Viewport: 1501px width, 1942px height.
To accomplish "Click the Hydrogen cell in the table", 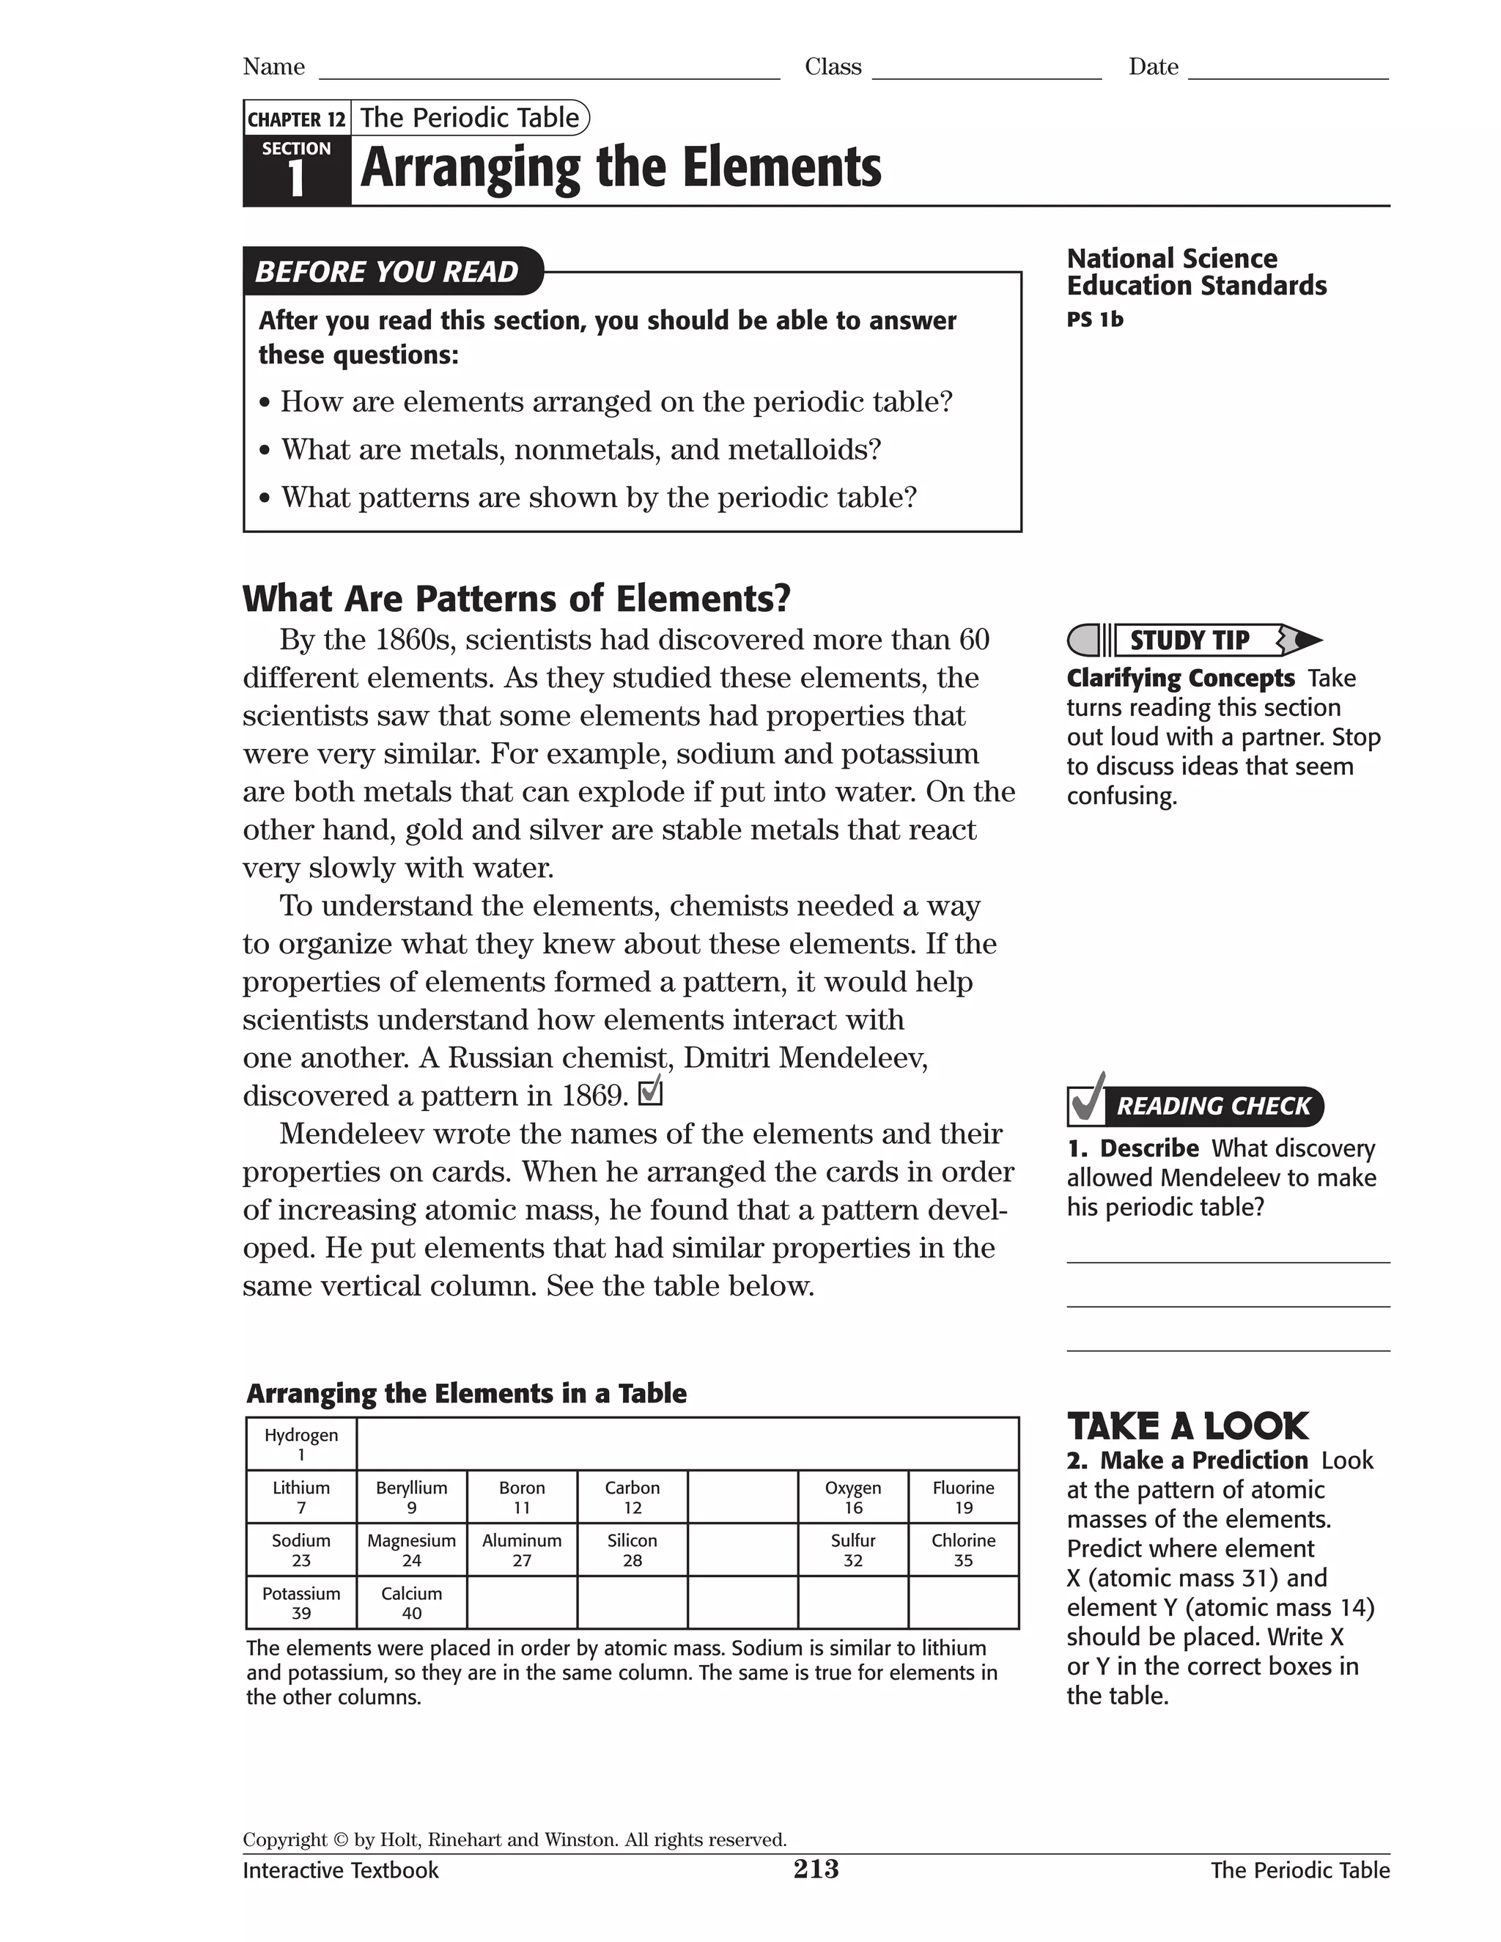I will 300,1444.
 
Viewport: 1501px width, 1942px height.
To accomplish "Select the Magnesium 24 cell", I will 411,1550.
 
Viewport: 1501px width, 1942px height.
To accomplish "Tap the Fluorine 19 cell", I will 963,1497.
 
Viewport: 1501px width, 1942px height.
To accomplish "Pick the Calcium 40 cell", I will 411,1602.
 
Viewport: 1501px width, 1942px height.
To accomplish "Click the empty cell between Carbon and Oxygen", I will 742,1497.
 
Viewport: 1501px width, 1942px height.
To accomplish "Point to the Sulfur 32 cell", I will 853,1550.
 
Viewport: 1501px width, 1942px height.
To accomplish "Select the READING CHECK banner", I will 1213,1106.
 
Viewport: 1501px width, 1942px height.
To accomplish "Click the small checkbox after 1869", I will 651,1091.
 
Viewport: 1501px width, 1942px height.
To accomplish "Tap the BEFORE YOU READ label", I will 387,271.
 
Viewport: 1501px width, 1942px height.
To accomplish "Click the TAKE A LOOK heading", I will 1187,1426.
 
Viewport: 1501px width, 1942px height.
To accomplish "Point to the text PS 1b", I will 1095,320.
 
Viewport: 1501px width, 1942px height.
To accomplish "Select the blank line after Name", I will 549,71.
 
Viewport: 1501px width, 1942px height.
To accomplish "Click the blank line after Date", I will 1288,71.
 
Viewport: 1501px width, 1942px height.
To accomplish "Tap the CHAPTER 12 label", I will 296,119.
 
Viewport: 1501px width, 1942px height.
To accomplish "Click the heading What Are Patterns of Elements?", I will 516,599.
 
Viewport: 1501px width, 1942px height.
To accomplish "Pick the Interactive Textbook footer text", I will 341,1870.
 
